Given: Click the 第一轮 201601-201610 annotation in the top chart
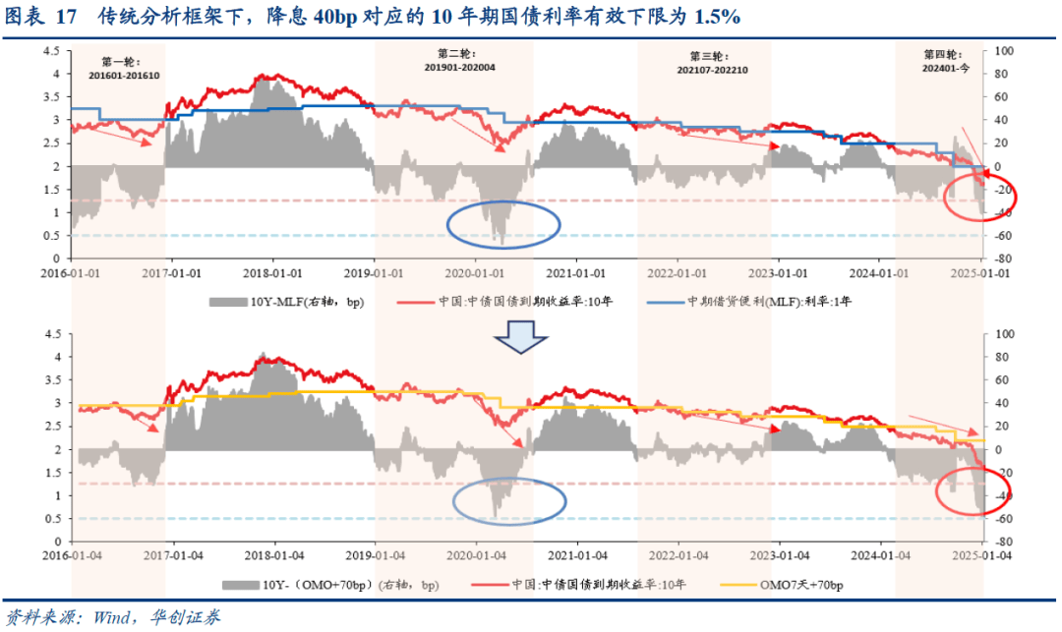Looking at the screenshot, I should (x=124, y=68).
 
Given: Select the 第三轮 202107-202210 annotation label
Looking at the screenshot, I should (x=713, y=63).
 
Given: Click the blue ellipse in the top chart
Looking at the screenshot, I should (x=503, y=224).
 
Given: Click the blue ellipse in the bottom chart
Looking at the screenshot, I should (x=509, y=502).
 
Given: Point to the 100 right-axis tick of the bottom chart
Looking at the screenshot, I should (x=1004, y=334).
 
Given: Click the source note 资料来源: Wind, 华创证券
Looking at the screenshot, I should (x=113, y=617).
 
